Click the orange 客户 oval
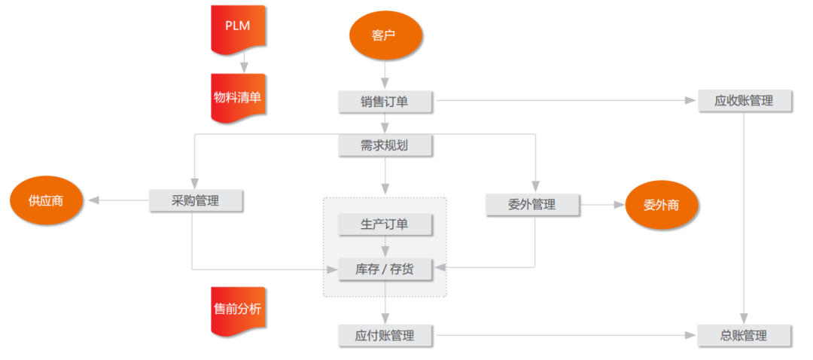tap(385, 35)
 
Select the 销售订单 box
tap(385, 101)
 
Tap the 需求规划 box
tap(385, 145)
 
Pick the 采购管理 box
tap(196, 200)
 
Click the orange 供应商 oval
tap(46, 201)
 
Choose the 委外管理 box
tap(532, 204)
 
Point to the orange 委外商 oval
tap(662, 204)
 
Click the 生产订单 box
tap(385, 224)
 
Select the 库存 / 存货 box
tap(385, 269)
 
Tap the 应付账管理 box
tap(385, 335)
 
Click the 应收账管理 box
tap(744, 100)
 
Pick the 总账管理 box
tap(744, 335)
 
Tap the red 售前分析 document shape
tap(238, 310)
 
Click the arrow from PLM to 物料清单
tap(243, 64)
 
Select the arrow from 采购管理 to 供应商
tap(117, 200)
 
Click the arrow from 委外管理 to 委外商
tap(602, 204)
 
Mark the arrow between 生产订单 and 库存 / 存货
tap(385, 246)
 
